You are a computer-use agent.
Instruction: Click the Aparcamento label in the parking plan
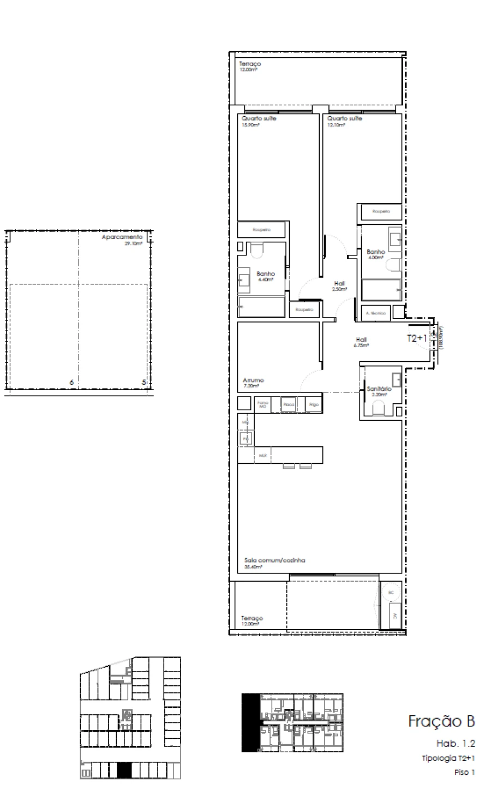coord(122,238)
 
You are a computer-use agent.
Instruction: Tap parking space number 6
coord(71,382)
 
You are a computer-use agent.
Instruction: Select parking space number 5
coord(143,382)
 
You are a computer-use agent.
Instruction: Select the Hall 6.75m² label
coord(361,341)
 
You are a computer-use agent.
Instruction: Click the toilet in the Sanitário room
coord(376,409)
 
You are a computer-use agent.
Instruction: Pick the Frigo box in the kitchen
coord(313,404)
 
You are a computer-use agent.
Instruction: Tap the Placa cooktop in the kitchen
coord(289,404)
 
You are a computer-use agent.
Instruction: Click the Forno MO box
coord(263,404)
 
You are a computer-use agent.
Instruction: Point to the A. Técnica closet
coord(375,313)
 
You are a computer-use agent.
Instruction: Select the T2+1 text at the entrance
coord(417,338)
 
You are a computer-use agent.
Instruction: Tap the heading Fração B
coord(441,721)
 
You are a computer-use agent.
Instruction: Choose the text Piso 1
coord(465,772)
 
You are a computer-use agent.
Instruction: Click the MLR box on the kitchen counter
coord(262,455)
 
